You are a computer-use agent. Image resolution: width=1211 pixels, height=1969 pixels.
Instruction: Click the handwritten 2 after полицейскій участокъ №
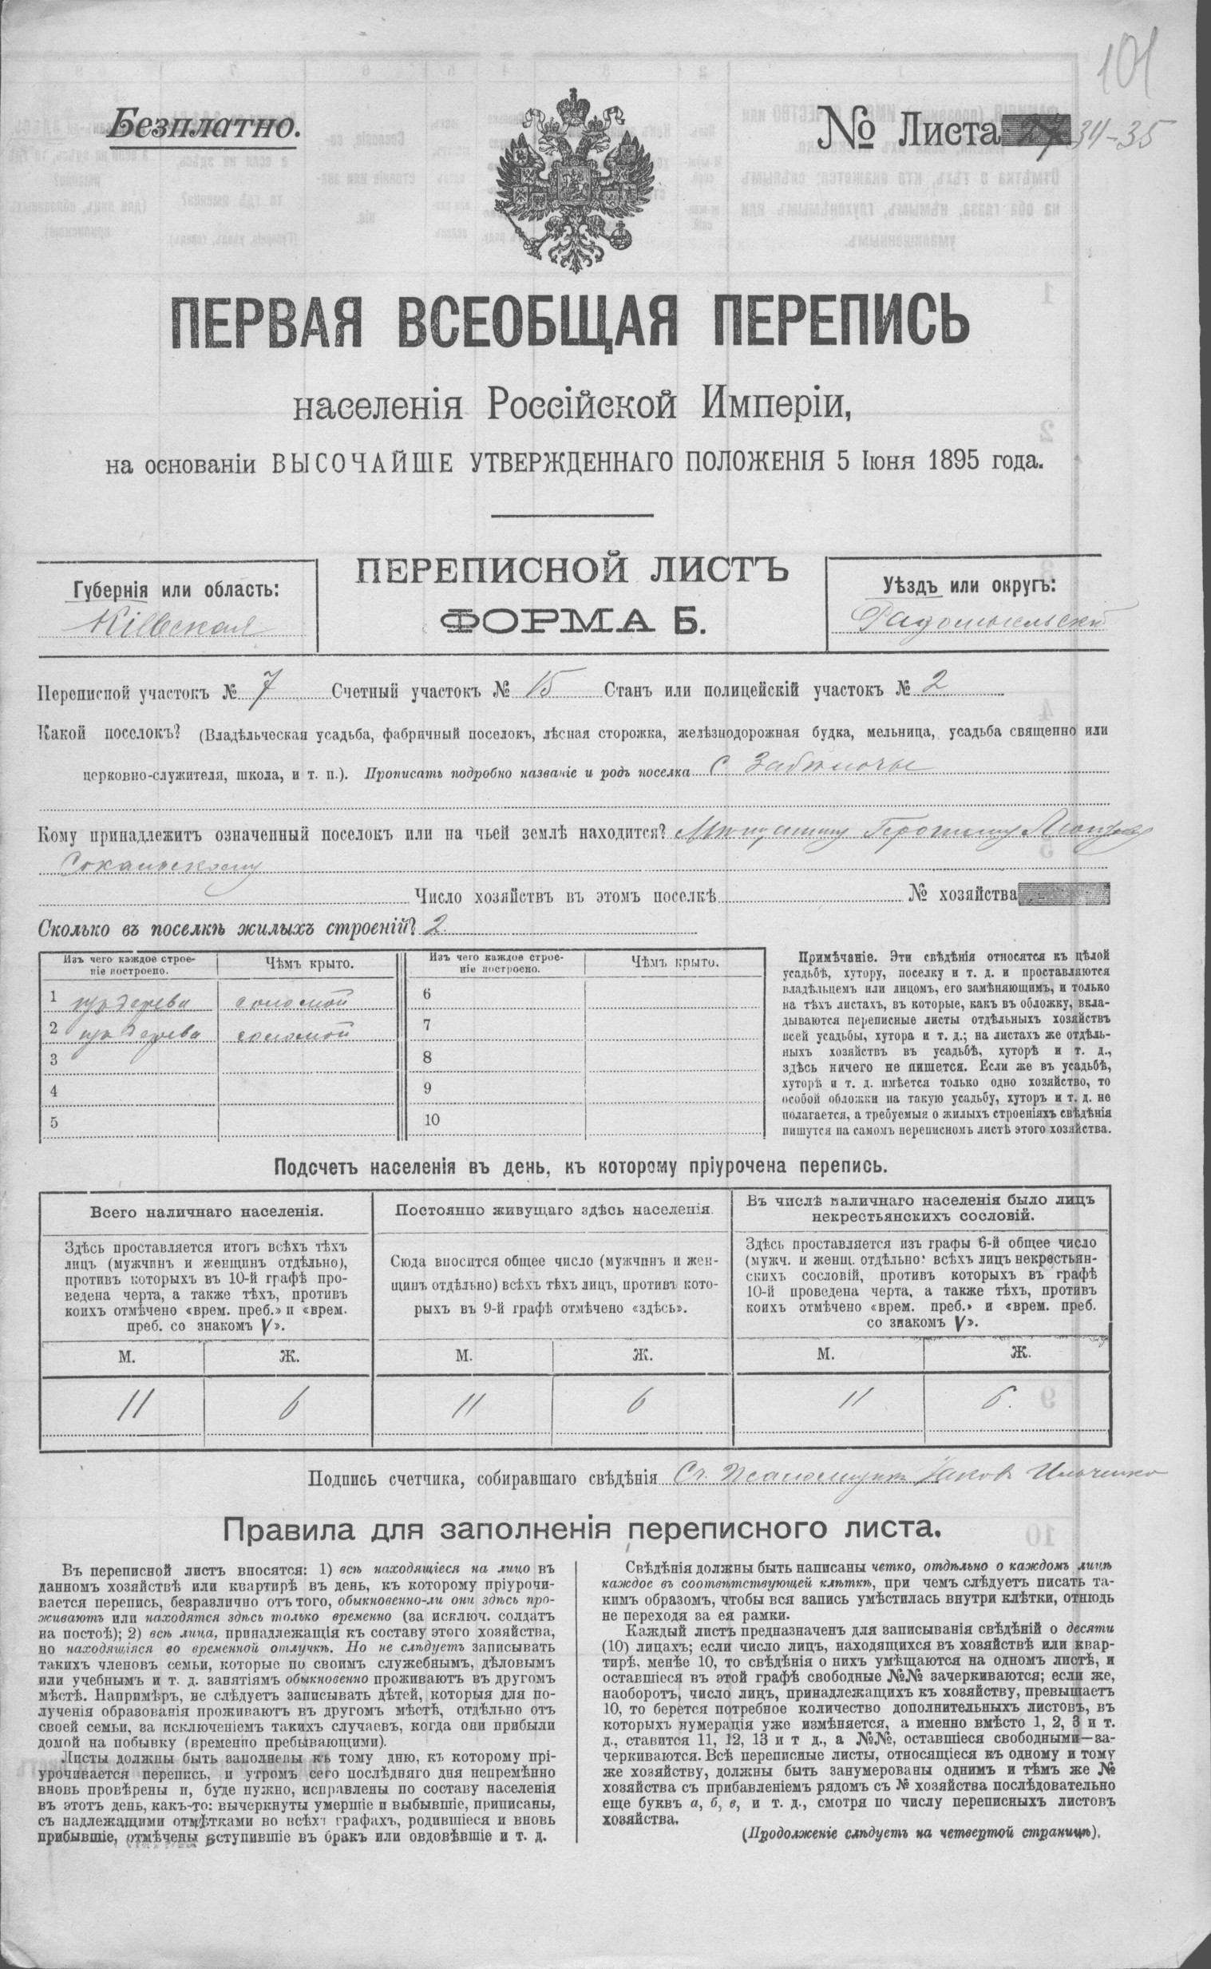point(939,683)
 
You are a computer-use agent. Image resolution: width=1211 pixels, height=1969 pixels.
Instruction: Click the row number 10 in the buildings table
point(432,1120)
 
